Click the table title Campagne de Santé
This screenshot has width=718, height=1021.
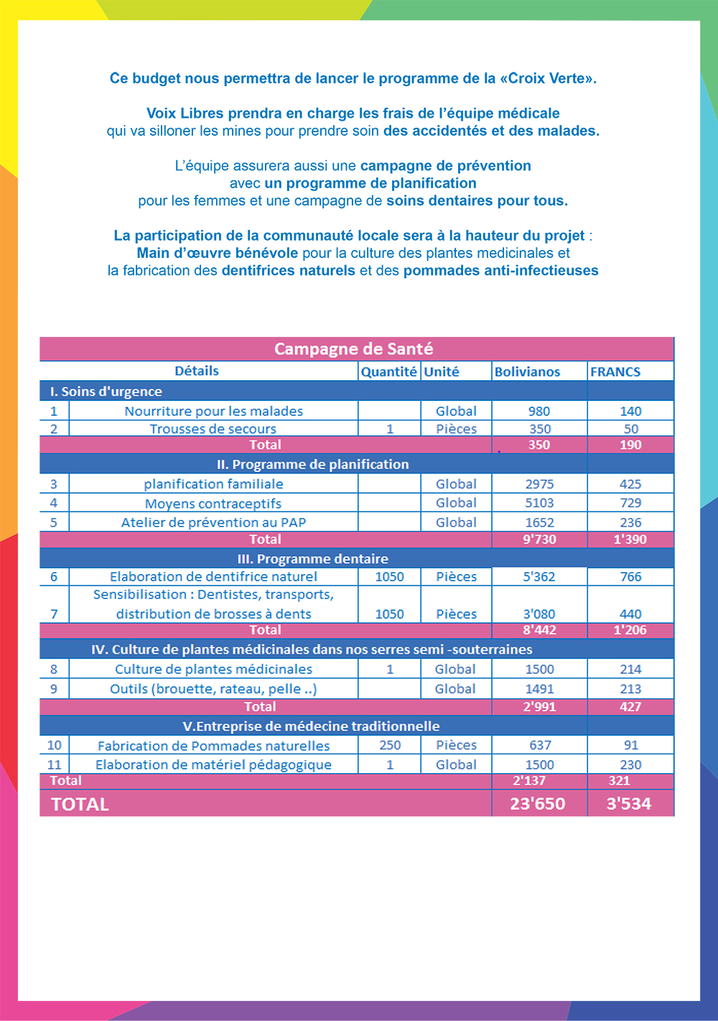pos(353,349)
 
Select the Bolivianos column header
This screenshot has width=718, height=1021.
pos(527,371)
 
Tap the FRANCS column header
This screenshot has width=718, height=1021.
pos(615,371)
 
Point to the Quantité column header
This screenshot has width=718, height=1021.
pos(388,371)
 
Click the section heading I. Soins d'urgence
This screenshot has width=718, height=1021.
pos(106,392)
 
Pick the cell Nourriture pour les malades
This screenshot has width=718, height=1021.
pos(213,411)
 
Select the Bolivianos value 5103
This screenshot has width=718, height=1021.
pos(539,503)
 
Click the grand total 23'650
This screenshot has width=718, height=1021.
pos(538,804)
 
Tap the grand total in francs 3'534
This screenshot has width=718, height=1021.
pos(629,804)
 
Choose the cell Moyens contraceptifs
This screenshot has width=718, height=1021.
pos(213,504)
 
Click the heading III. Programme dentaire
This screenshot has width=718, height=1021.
pos(312,559)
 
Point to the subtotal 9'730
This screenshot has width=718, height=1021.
pos(539,540)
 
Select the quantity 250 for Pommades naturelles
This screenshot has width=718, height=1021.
pos(390,745)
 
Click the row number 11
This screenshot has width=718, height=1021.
pos(55,764)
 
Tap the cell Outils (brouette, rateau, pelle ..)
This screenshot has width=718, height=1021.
pos(213,688)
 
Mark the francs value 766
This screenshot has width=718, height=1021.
pos(630,576)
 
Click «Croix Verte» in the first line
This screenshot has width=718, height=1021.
pos(549,78)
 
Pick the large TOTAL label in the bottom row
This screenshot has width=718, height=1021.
pos(80,805)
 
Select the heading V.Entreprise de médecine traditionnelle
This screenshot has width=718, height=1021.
pos(311,726)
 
